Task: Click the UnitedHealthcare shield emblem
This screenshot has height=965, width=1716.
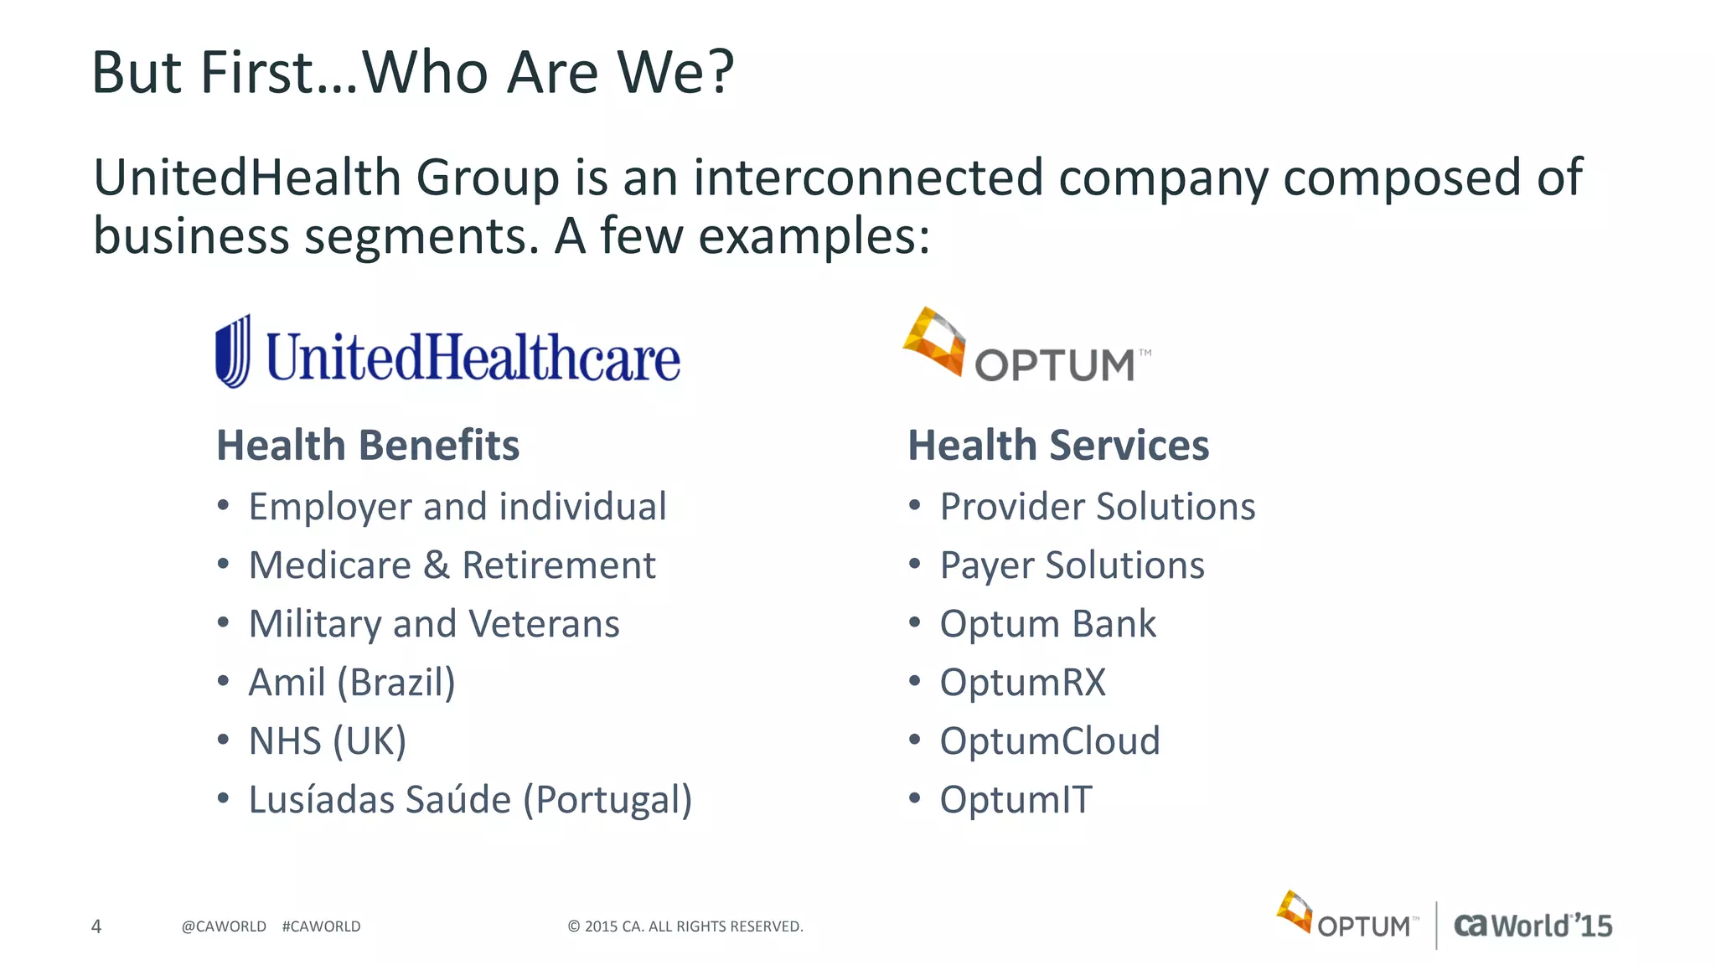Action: tap(233, 352)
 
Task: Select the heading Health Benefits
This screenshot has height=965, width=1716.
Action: tap(368, 445)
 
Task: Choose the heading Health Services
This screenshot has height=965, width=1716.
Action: tap(1058, 445)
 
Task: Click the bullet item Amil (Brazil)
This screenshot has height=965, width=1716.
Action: tap(352, 682)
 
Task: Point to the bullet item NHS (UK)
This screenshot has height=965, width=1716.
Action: tap(328, 741)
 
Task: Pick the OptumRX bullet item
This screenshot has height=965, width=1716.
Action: tap(1022, 682)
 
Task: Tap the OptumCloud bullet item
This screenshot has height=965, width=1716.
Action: tap(1050, 741)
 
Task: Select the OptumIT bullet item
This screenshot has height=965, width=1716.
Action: tap(1016, 799)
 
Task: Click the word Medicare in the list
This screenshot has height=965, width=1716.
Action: tap(330, 565)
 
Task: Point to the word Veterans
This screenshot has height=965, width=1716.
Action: tap(544, 623)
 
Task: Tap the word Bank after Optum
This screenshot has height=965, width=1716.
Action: tap(1114, 623)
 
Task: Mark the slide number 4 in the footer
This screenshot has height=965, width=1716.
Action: tap(96, 926)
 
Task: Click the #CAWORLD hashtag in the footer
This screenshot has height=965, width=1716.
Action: tap(322, 926)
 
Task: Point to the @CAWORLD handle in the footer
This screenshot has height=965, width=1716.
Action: tap(224, 926)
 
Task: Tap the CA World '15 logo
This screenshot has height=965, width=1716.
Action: tap(1533, 926)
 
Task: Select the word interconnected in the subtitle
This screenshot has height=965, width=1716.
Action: tap(868, 178)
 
